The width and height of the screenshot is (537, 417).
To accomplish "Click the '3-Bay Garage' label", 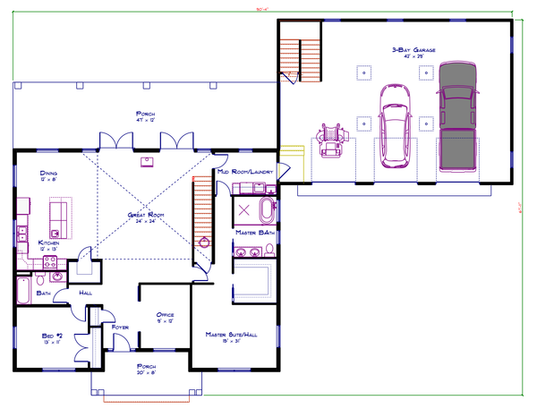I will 413,50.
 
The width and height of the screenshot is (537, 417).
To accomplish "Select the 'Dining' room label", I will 49,174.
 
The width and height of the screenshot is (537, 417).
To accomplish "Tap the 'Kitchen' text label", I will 49,243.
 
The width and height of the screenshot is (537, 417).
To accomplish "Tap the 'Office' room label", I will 164,315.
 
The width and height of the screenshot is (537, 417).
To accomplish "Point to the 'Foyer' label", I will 120,328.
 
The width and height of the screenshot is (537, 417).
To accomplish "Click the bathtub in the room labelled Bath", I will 25,292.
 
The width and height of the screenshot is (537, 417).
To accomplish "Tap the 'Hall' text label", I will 86,293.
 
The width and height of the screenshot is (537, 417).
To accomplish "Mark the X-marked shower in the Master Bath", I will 244,210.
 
